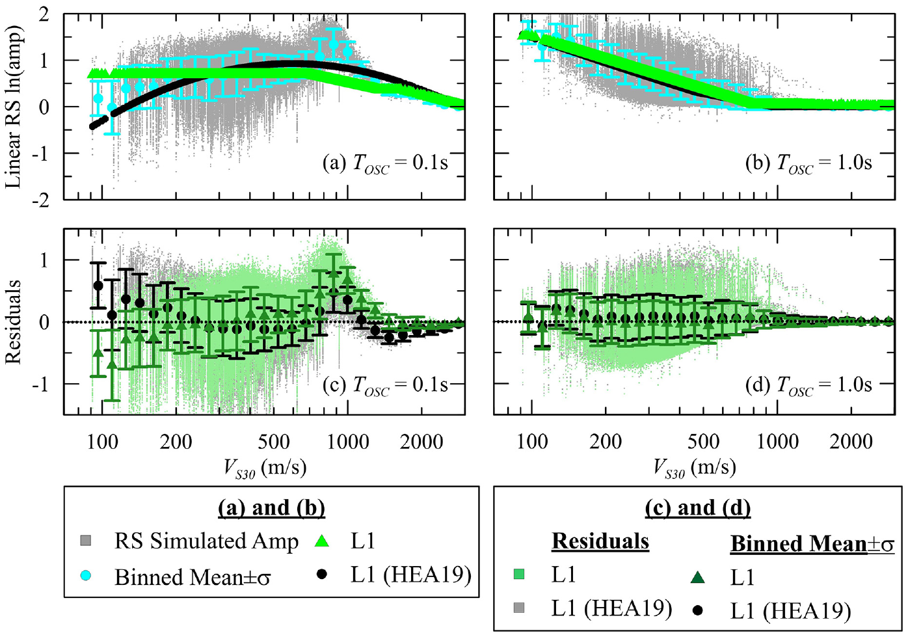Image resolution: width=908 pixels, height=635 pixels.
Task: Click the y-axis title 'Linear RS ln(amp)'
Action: click(x=14, y=107)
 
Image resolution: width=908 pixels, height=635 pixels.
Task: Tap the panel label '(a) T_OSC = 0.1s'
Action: click(x=385, y=164)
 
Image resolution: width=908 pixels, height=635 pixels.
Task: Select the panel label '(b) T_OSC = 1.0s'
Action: click(x=808, y=164)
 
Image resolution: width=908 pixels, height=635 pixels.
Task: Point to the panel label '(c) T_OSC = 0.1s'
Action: click(x=385, y=385)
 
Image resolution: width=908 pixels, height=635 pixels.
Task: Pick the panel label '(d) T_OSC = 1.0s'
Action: click(x=808, y=385)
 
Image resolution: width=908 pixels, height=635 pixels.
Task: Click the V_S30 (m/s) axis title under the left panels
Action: click(x=265, y=468)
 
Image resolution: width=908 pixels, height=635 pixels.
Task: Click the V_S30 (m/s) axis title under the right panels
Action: click(x=695, y=468)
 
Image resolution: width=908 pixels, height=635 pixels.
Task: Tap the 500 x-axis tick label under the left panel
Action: click(x=274, y=442)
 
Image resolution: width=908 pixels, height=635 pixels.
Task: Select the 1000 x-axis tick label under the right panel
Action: click(x=777, y=442)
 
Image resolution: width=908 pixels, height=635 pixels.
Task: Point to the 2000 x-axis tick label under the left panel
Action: click(x=421, y=442)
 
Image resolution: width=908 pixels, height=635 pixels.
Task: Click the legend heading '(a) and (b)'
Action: click(x=271, y=508)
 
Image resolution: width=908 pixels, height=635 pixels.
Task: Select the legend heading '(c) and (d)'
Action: click(x=698, y=508)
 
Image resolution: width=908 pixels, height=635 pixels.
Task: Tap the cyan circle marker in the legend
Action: click(x=86, y=575)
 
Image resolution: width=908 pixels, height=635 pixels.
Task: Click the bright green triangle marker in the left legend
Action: click(x=322, y=541)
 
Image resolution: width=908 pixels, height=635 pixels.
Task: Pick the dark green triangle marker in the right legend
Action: click(x=697, y=577)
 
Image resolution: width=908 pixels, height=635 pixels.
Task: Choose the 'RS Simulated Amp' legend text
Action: click(x=207, y=541)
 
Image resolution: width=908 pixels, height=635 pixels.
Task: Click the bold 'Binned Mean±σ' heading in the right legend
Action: click(x=812, y=544)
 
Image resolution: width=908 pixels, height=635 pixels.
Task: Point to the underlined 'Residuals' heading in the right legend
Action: click(x=600, y=541)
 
